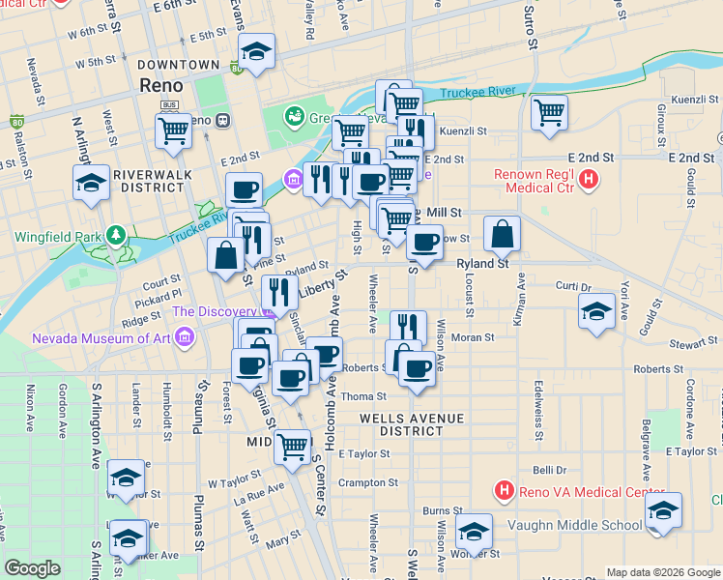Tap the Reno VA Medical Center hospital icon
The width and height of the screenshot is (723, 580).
point(504,491)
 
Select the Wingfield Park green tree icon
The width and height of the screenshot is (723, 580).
point(116,235)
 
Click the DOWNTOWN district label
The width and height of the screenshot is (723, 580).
point(179,65)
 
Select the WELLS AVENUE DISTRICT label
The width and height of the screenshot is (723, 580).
point(412,424)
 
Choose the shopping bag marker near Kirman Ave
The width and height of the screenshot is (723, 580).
point(503,233)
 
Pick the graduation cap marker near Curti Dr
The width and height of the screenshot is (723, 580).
point(597,311)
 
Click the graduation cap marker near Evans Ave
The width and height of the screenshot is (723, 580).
point(256,51)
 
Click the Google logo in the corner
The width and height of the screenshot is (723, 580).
point(32,568)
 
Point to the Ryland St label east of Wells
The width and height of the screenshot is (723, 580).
point(482,263)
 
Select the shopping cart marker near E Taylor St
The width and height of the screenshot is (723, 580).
point(293,446)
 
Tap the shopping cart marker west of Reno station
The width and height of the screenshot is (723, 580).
point(174,129)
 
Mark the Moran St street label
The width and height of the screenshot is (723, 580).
point(474,338)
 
